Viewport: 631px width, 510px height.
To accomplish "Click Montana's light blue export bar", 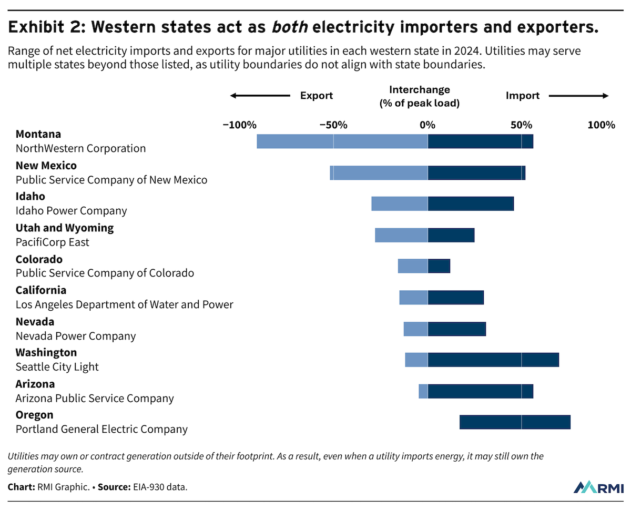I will (x=342, y=141).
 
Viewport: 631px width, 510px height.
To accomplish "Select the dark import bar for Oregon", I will (x=515, y=422).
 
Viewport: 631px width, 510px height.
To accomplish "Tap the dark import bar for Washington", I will (x=493, y=360).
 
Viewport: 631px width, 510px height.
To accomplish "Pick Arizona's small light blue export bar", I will (x=423, y=391).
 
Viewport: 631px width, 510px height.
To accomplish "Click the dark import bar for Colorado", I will (x=439, y=266).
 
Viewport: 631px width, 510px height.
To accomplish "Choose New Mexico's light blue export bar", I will (x=379, y=172).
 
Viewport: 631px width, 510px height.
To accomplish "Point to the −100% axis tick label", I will (x=240, y=125).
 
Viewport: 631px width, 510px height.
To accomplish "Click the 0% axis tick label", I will (x=427, y=125).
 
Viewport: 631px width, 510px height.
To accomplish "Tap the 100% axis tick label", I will (x=601, y=125).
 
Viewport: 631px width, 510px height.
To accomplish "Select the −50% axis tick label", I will (x=333, y=125).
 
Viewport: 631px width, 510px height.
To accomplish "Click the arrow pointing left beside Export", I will (x=260, y=96).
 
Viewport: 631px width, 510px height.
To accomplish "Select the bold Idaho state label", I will (x=30, y=197).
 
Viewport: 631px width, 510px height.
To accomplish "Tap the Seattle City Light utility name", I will (x=57, y=367).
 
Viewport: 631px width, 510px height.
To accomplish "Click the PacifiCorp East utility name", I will (x=53, y=242).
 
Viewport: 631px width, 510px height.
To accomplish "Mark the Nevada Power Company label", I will (x=76, y=336).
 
